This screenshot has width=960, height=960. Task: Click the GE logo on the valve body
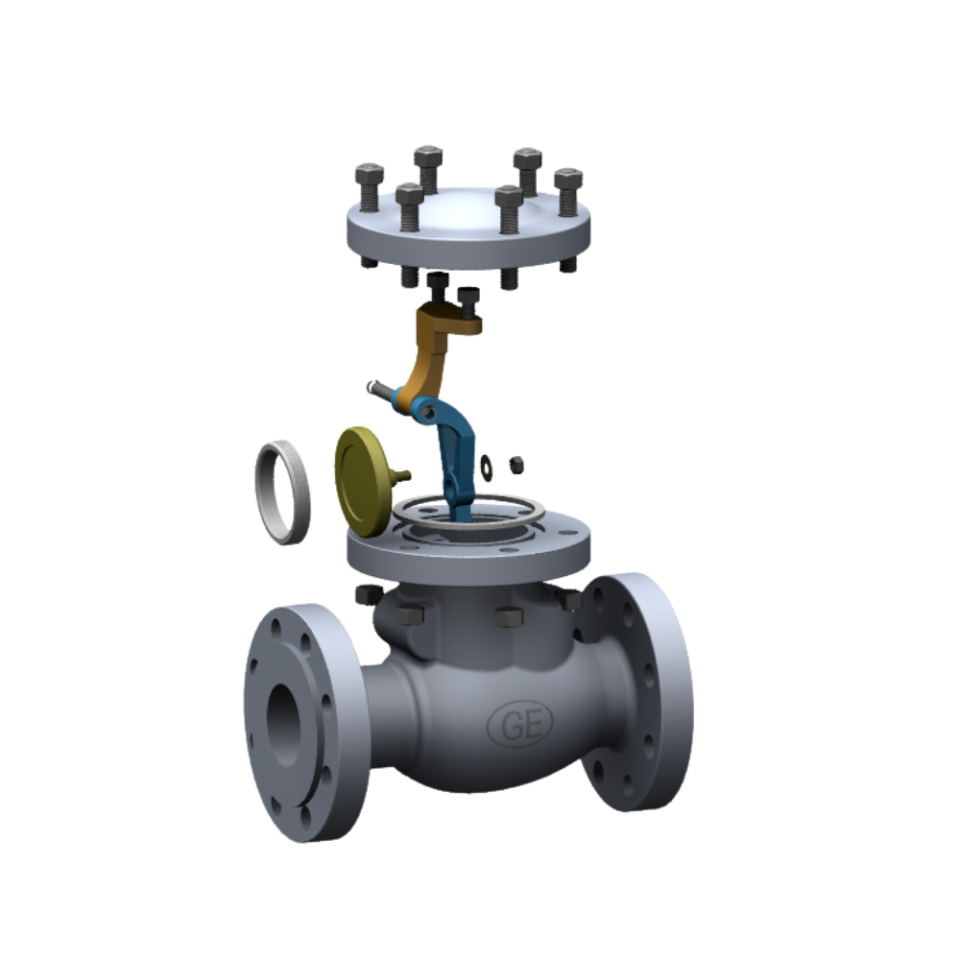(x=519, y=723)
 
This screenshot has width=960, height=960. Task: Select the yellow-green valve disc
(x=363, y=482)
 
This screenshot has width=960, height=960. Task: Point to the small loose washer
(x=487, y=468)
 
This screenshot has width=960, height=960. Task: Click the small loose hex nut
(x=516, y=465)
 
